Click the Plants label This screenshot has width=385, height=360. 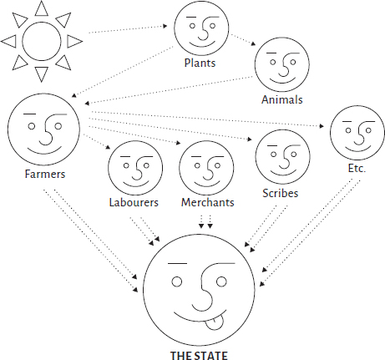click(200, 63)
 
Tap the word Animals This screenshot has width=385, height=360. click(281, 99)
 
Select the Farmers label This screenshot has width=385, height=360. click(45, 174)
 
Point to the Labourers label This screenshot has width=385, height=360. click(134, 202)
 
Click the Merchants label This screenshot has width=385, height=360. click(207, 202)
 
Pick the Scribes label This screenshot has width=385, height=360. click(280, 193)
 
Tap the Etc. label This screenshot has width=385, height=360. click(357, 168)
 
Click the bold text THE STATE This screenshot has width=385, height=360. click(199, 355)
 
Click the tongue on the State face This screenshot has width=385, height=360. click(216, 322)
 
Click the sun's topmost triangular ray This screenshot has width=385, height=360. click(42, 8)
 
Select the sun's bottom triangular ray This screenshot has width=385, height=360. click(42, 74)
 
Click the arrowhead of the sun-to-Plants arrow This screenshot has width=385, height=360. click(165, 26)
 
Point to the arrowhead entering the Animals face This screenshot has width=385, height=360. click(253, 43)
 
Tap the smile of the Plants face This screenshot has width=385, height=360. click(203, 44)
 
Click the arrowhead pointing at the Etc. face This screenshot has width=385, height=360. click(322, 126)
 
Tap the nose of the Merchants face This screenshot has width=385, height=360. click(208, 169)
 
